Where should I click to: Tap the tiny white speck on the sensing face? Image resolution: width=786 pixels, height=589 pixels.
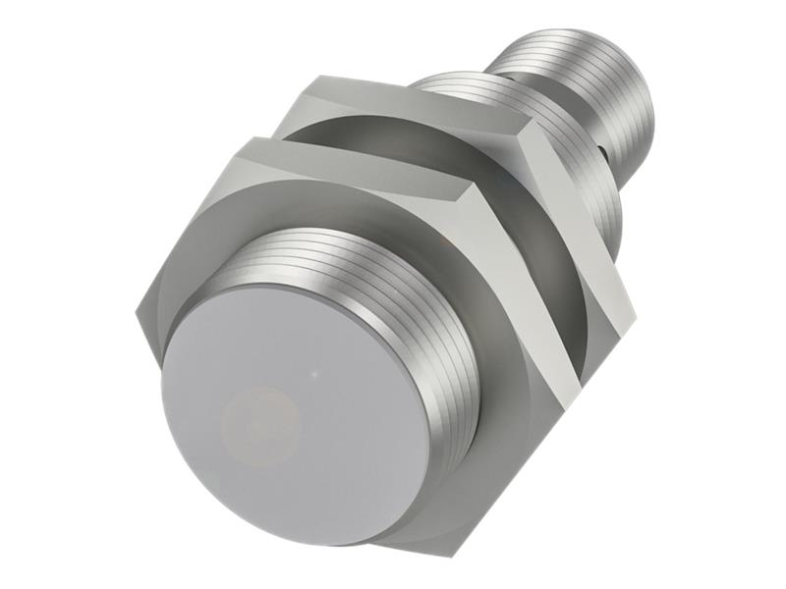click(313, 374)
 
